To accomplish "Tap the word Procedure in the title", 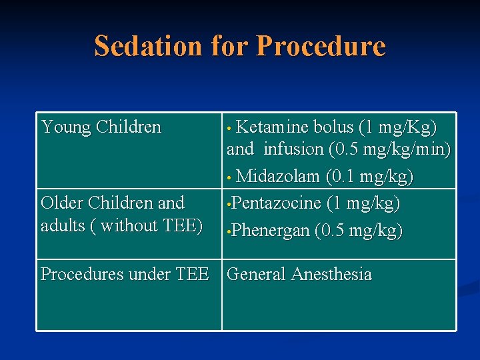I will click(321, 46).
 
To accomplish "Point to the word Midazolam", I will click(279, 177).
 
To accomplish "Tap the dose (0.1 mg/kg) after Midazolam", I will click(370, 177).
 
